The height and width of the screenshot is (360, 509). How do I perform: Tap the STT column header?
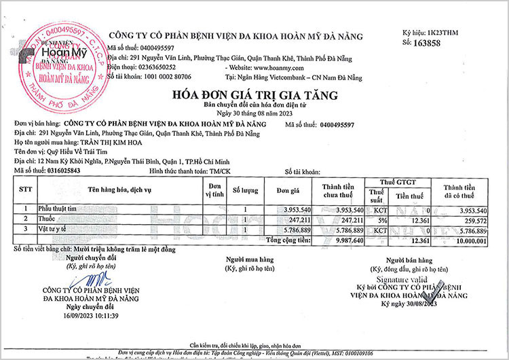[x=26, y=188]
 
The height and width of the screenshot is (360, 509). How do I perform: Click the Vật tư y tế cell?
[x=56, y=231]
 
